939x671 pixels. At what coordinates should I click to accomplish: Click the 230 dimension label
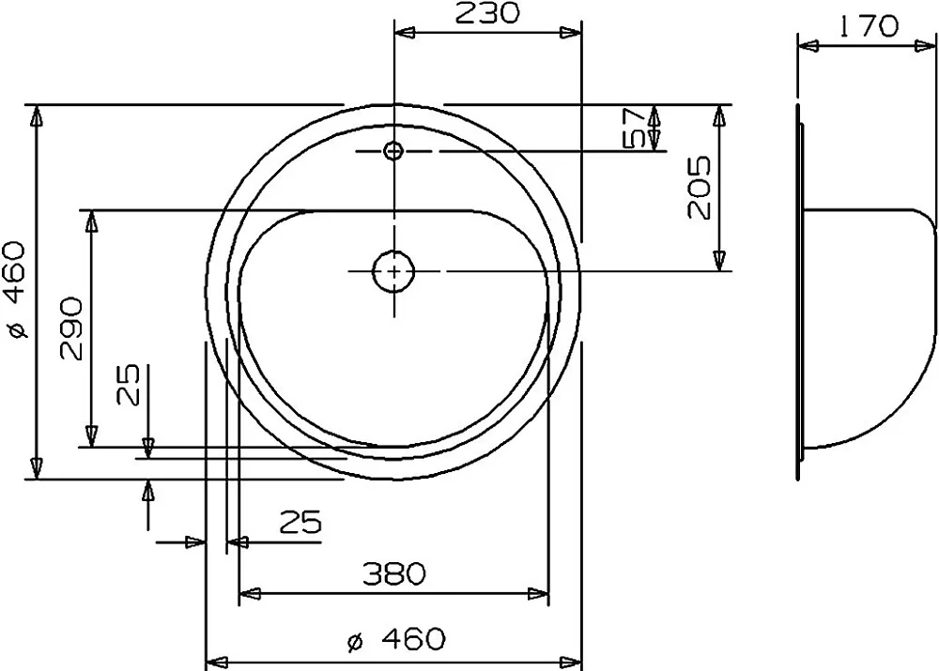click(x=486, y=12)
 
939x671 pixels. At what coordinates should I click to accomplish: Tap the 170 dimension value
click(x=869, y=26)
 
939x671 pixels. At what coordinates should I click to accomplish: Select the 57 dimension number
click(x=634, y=128)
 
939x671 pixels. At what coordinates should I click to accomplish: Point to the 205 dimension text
click(x=699, y=188)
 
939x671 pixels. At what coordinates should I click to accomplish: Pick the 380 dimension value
click(x=394, y=574)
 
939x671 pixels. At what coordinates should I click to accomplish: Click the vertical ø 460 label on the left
click(x=16, y=290)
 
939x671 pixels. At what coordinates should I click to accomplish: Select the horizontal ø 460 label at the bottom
click(x=396, y=639)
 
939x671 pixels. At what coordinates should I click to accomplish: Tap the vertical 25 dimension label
click(x=128, y=384)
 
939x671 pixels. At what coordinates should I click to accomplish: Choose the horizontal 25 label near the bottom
click(x=301, y=522)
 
